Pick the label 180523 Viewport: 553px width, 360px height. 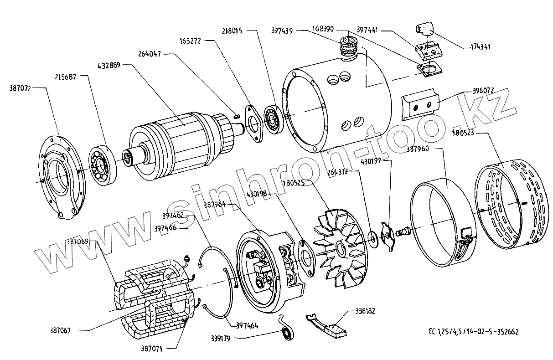click(x=464, y=134)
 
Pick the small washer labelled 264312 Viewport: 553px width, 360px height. click(x=372, y=237)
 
